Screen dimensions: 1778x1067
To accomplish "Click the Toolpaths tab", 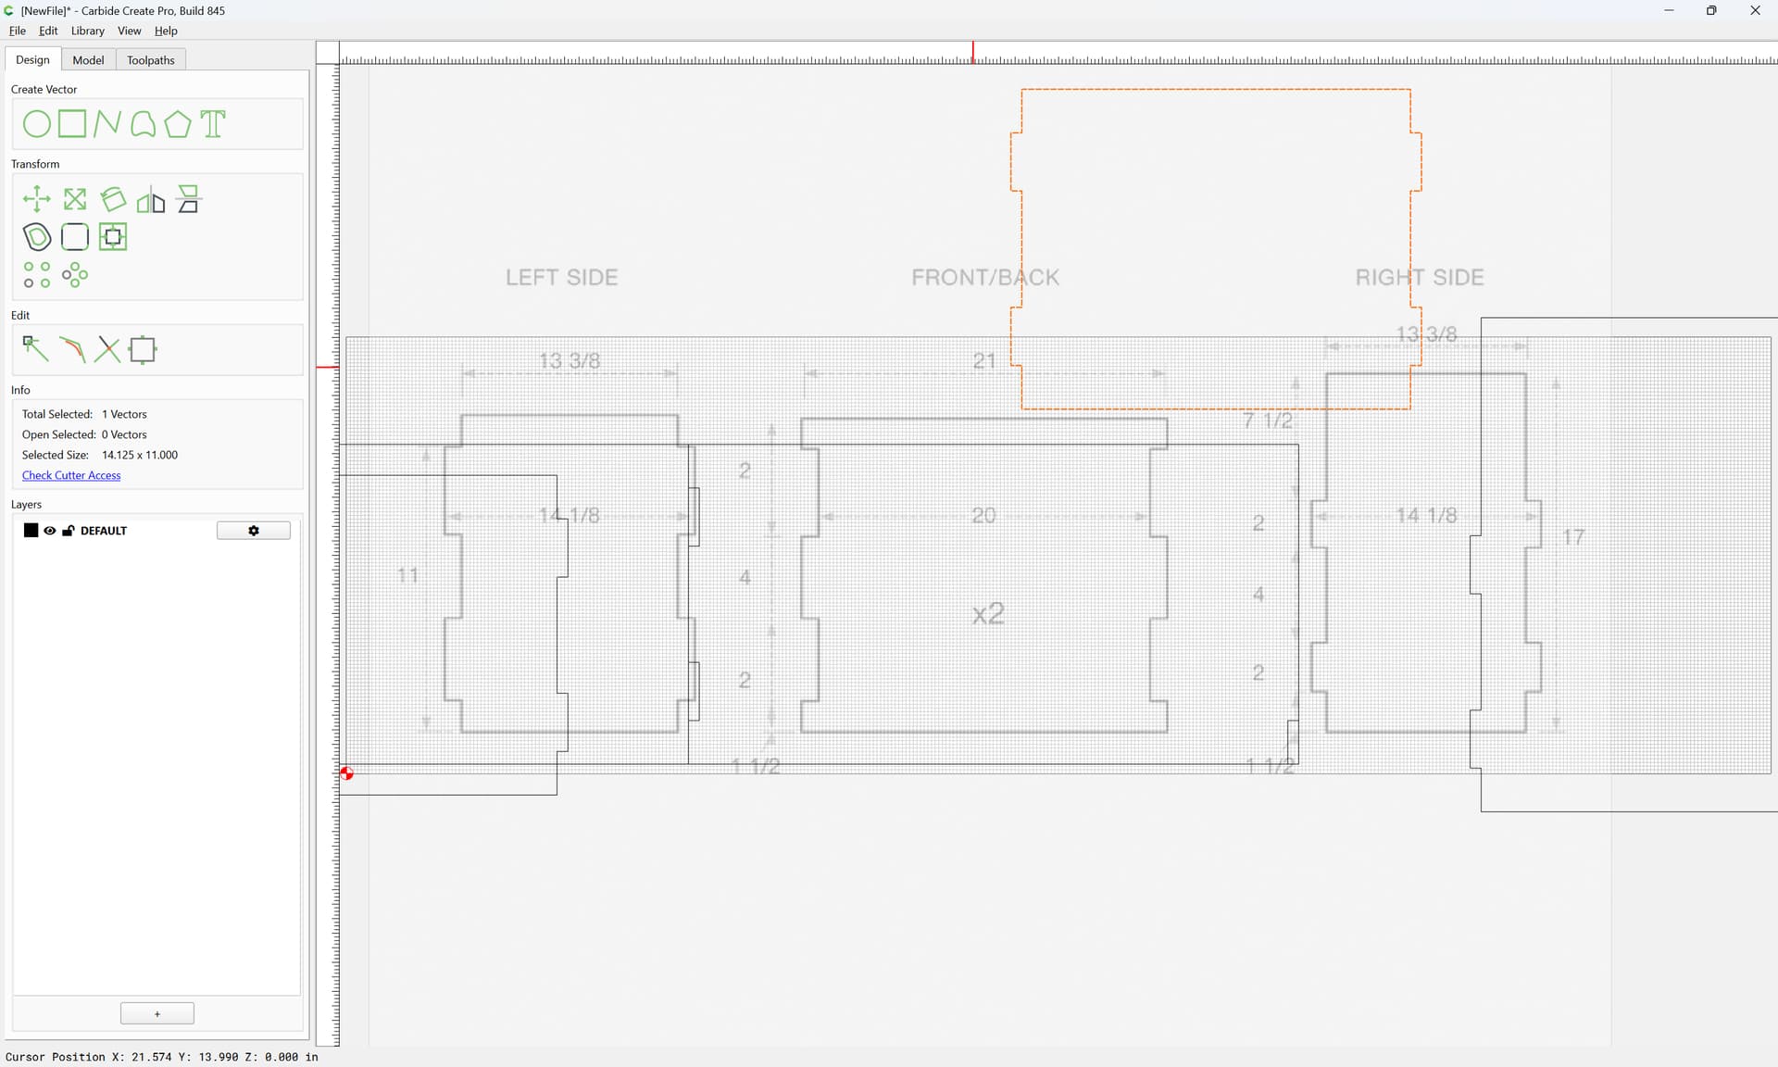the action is point(151,60).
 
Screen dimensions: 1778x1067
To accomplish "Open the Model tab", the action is point(88,60).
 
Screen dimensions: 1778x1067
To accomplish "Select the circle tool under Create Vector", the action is point(36,124).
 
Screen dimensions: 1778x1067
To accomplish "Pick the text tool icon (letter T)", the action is point(213,124).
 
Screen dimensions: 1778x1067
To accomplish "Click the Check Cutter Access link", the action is point(71,475).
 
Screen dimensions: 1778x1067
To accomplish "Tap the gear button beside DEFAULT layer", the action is point(254,531).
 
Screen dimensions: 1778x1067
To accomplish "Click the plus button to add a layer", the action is point(157,1013).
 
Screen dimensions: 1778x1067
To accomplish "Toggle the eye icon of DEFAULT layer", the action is point(50,531).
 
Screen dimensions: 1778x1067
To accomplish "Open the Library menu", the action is point(88,31).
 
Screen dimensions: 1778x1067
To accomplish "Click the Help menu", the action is point(166,31).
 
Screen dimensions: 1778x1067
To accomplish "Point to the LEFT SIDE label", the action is point(561,277).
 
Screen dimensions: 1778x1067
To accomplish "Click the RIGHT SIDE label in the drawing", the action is point(1420,277).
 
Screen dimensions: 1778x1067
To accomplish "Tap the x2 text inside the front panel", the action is point(988,613).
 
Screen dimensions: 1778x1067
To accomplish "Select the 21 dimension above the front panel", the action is point(983,360).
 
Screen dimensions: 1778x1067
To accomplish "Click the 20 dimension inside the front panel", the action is point(983,515).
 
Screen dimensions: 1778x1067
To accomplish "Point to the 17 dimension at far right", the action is point(1573,537).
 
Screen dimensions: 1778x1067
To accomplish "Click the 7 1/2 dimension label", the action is point(1268,421).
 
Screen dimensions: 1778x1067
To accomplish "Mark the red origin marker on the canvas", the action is point(346,773).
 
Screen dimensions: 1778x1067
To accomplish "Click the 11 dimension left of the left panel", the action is point(407,575).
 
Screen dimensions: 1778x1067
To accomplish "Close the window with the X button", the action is point(1755,11).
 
